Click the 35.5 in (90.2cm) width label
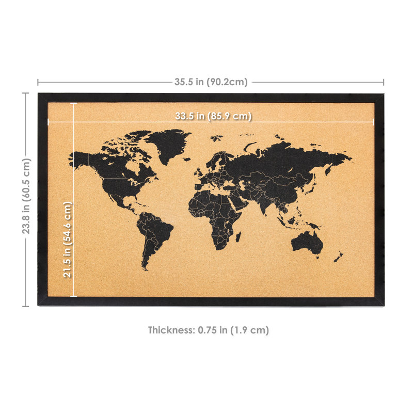211,82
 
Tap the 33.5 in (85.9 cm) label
213,116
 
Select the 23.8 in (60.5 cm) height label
26,196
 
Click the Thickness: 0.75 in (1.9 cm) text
209,330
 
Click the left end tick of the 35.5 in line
38,82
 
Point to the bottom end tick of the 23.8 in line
26,306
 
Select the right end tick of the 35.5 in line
384,82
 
